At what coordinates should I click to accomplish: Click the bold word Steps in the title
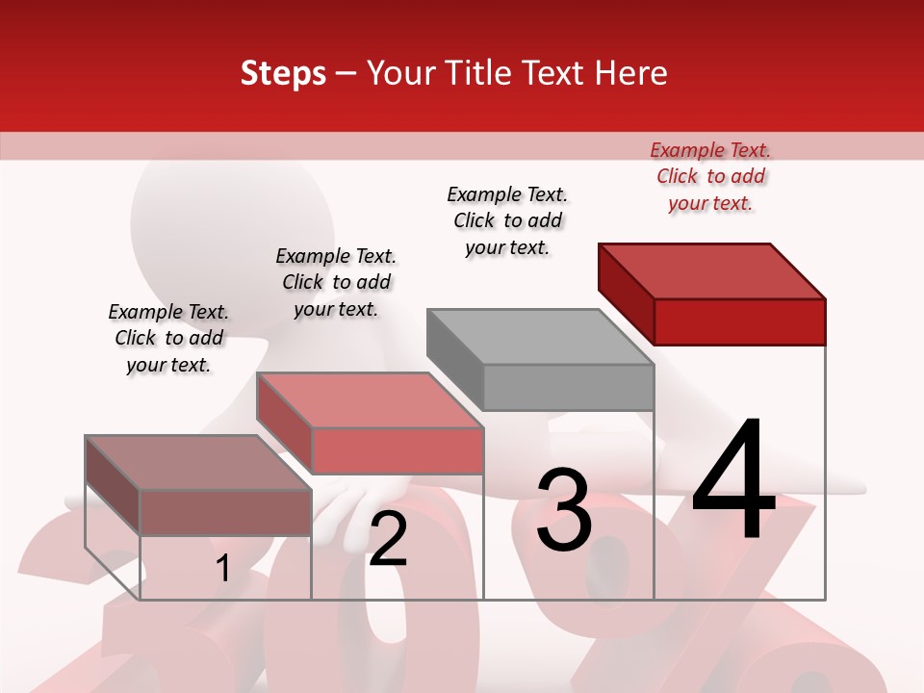283,74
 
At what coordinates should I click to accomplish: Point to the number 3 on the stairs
564,510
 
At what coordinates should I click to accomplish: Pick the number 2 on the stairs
388,539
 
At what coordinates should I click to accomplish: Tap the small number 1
223,569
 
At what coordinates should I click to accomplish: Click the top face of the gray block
539,337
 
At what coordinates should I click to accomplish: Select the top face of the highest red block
712,270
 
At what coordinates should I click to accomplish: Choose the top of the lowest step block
197,463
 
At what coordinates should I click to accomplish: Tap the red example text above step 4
710,176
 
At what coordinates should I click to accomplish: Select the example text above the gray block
507,220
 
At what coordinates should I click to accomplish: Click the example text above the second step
336,282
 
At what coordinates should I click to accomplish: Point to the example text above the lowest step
168,338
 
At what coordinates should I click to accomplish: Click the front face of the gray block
568,387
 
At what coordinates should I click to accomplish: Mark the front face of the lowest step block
225,511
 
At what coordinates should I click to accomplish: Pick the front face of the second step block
397,450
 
